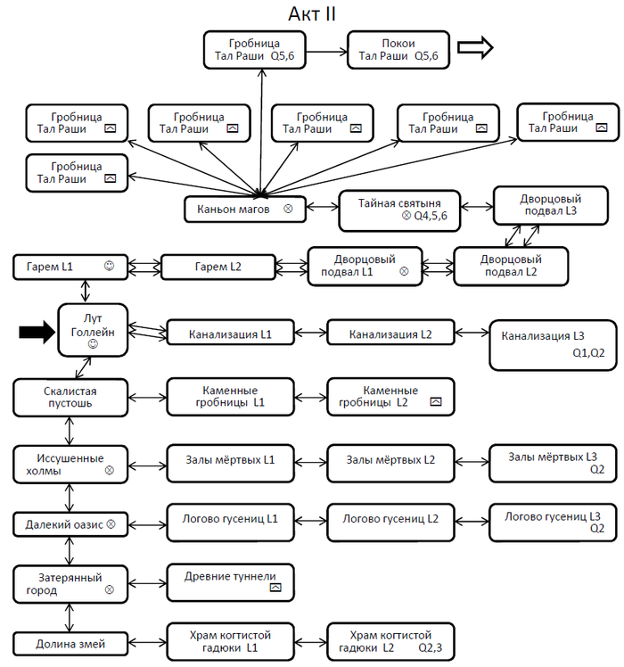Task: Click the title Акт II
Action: point(312,14)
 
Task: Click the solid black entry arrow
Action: point(37,332)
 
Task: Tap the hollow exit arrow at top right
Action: point(475,47)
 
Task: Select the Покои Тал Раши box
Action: point(398,50)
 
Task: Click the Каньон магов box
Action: point(245,209)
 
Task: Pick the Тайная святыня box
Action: point(399,210)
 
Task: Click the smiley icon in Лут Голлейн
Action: point(93,344)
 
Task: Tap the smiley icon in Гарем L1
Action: point(110,266)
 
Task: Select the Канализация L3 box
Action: point(553,345)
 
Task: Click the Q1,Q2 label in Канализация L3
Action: point(588,353)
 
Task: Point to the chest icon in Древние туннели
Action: point(275,588)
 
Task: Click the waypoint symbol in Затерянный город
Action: point(110,589)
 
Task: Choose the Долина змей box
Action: point(70,644)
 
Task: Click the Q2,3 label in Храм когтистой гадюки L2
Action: point(430,648)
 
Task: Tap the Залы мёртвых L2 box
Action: point(391,463)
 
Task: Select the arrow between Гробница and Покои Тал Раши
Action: point(326,52)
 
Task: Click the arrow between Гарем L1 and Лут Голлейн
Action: point(86,292)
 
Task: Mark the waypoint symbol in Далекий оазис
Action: point(111,524)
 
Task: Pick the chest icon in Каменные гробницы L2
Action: point(436,401)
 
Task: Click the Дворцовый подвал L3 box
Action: point(551,205)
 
